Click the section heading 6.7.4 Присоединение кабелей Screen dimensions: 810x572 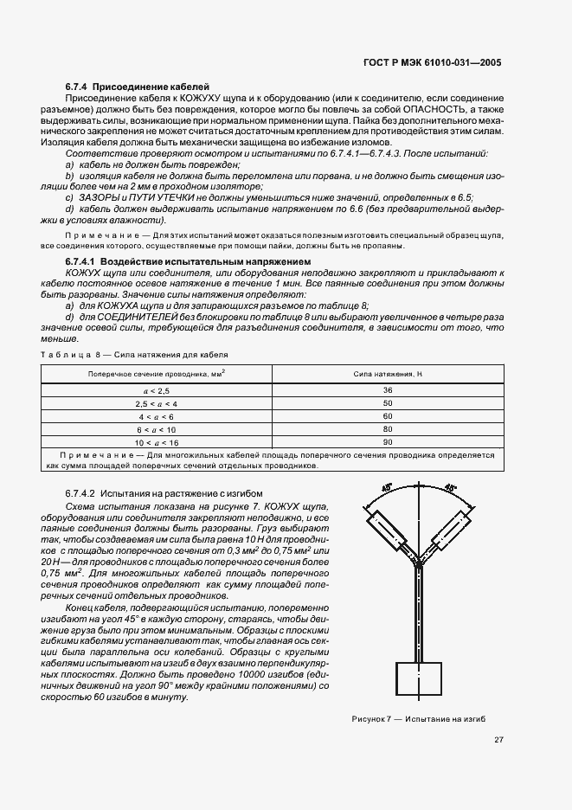coord(138,87)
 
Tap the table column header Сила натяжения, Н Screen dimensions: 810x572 coord(387,373)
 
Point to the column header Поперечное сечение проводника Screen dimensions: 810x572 coord(157,373)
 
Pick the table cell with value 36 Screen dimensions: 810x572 coord(387,391)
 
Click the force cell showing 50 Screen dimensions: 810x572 coord(387,403)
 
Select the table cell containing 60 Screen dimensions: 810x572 coord(387,416)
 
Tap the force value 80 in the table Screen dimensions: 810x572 coord(387,428)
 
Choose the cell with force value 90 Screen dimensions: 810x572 coord(387,441)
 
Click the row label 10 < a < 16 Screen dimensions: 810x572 coord(157,441)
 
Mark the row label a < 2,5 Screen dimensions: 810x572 coord(157,391)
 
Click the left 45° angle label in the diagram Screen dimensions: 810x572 coord(387,491)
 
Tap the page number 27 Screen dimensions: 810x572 coord(499,739)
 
